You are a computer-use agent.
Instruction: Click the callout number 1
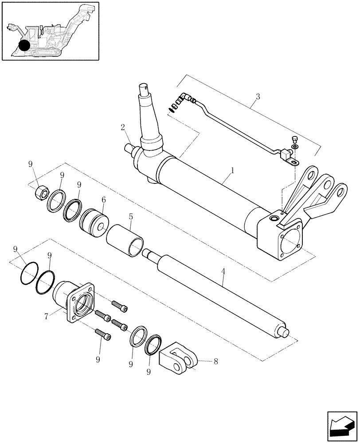coord(232,170)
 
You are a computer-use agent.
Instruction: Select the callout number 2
coord(123,128)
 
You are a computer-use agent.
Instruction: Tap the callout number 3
coord(258,96)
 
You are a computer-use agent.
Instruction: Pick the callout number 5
coord(130,217)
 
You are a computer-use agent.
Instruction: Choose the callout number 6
coord(103,200)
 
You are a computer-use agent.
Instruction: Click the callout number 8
coord(216,361)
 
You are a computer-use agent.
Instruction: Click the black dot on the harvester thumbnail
coord(24,45)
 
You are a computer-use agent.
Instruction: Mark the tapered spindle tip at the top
coord(146,88)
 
